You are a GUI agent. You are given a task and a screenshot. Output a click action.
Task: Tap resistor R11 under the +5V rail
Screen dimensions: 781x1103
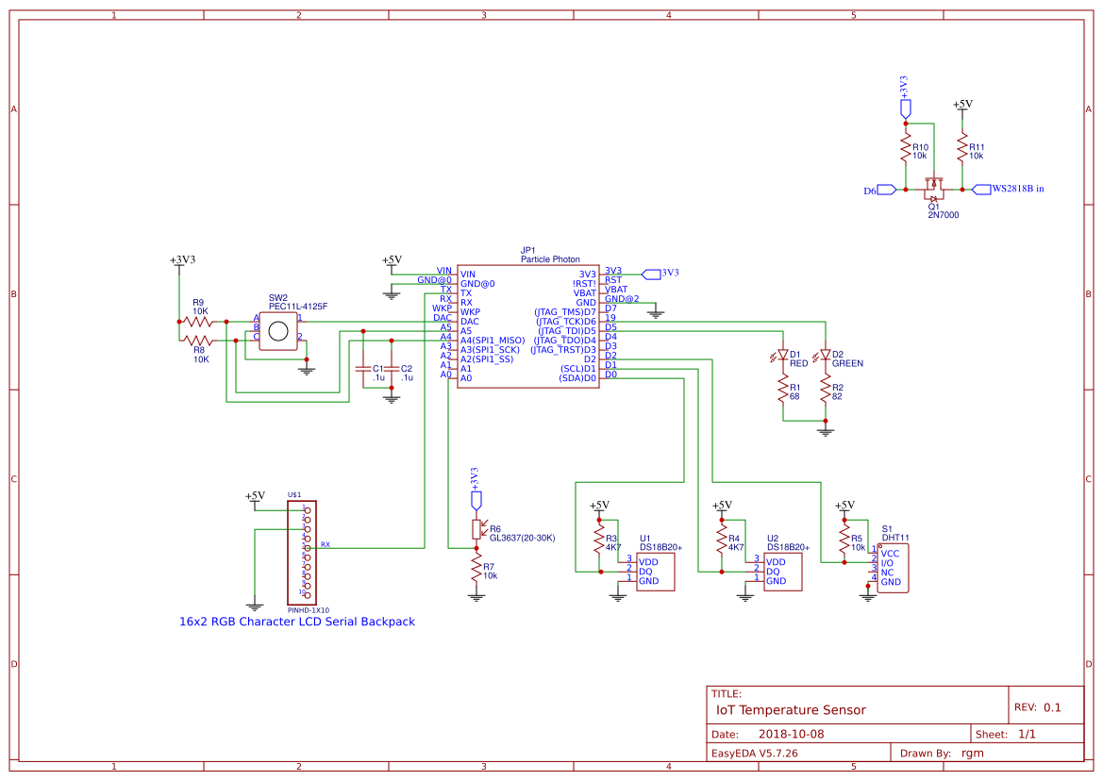point(962,150)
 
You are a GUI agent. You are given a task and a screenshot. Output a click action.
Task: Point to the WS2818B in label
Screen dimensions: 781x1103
point(1017,189)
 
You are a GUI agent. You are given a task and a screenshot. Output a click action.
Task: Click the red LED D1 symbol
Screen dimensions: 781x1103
point(782,357)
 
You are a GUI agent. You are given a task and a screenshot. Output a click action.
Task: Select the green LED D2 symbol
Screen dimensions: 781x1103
point(826,357)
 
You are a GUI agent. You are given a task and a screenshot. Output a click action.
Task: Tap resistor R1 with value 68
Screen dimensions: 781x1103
point(782,390)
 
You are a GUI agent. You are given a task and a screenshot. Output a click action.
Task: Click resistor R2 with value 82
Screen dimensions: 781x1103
point(826,390)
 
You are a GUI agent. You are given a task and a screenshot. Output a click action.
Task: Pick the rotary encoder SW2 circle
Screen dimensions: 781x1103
point(278,330)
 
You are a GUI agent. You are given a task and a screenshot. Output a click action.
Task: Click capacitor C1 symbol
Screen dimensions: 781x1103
point(363,369)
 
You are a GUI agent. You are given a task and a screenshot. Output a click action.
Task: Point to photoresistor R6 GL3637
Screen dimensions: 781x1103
point(476,529)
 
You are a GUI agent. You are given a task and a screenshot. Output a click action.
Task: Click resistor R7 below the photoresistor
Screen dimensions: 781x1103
point(476,569)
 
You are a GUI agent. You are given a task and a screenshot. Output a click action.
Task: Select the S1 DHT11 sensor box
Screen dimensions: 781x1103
point(894,568)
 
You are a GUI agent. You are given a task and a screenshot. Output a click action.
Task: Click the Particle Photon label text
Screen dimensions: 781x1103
point(550,259)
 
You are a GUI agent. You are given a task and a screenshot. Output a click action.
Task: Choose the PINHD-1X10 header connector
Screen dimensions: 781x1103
point(302,553)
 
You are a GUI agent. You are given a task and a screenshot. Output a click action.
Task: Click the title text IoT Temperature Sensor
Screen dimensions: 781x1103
point(791,709)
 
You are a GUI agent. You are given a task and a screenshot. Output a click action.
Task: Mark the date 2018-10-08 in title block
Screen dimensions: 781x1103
point(792,734)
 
